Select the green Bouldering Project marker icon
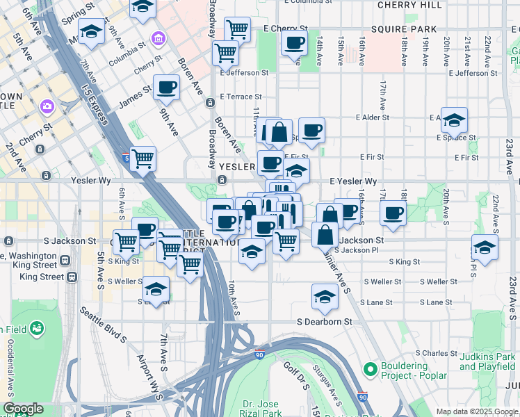tap(370, 368)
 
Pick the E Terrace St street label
tap(241, 97)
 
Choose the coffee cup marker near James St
tap(166, 88)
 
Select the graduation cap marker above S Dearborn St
tap(325, 296)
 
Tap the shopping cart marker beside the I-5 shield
tap(143, 158)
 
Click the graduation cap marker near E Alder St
tap(454, 120)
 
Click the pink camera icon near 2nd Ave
tap(47, 106)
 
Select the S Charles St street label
tap(430, 353)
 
